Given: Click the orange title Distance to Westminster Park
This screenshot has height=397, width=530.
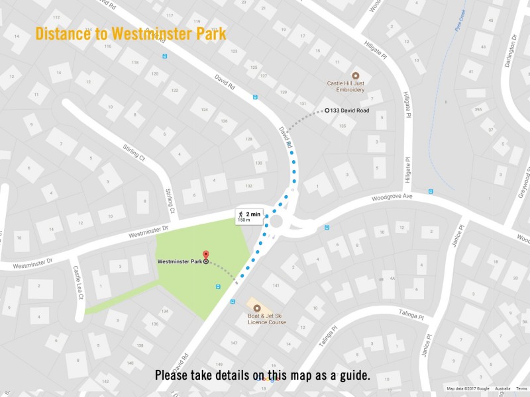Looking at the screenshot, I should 131,33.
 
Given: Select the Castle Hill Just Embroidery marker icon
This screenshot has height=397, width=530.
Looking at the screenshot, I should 354,75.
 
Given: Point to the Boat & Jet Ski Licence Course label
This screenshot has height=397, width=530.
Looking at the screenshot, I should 267,320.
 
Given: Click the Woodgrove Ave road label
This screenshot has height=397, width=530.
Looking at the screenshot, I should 392,197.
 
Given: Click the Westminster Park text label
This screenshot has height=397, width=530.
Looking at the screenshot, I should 180,262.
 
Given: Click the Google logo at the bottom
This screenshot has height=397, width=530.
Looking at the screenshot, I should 268,378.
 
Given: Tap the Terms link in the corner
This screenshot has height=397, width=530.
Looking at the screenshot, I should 521,389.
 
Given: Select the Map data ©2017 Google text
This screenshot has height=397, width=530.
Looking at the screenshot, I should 468,389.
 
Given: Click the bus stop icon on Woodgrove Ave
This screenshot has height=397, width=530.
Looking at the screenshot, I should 430,192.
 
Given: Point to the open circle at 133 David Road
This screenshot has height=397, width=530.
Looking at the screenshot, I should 327,110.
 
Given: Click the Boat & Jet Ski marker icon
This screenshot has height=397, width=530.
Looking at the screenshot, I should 257,308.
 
